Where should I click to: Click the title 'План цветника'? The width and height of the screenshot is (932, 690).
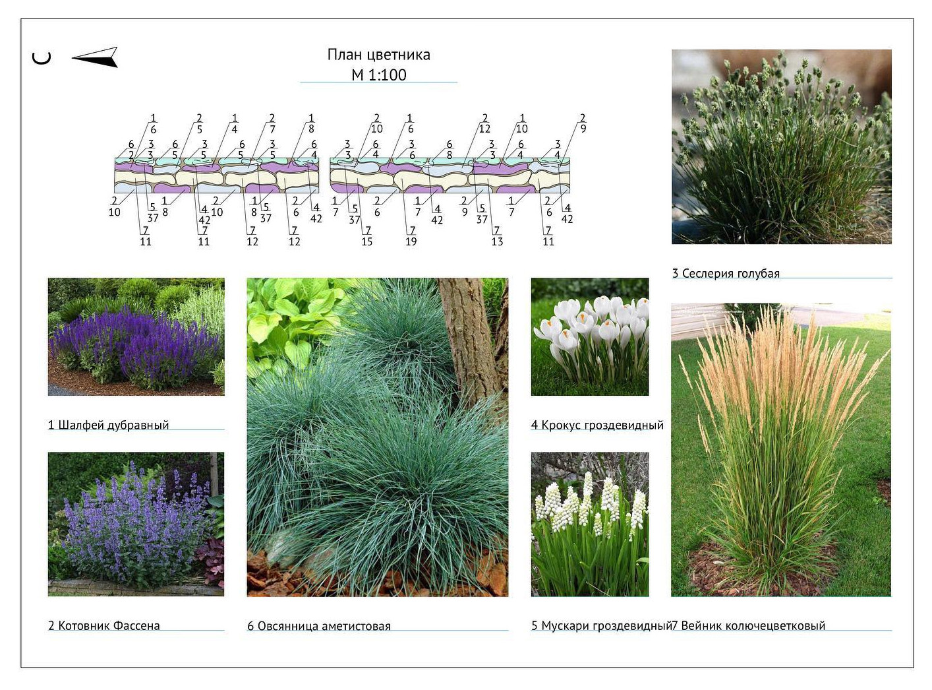(x=378, y=55)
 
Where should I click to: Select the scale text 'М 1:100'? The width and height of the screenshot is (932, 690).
(x=378, y=75)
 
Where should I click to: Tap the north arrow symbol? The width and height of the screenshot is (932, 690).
(x=96, y=58)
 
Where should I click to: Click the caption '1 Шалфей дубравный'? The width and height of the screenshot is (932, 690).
(x=108, y=425)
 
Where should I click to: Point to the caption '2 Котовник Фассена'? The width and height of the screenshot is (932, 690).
(x=103, y=625)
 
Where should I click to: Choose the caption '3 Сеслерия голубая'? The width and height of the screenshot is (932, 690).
(x=726, y=273)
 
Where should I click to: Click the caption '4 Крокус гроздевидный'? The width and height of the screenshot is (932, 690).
(x=597, y=425)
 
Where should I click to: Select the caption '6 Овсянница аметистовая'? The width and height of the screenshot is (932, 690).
(x=319, y=625)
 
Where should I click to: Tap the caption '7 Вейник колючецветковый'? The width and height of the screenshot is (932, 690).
(x=749, y=625)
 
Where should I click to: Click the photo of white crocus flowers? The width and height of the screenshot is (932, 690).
(x=590, y=336)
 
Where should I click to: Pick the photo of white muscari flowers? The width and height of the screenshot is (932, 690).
(x=590, y=524)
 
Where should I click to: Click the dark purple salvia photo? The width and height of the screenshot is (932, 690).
(x=136, y=336)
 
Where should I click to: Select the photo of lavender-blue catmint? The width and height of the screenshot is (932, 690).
(x=136, y=524)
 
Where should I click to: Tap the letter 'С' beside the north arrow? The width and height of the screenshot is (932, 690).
(x=42, y=58)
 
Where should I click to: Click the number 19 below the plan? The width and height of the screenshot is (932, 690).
(x=411, y=241)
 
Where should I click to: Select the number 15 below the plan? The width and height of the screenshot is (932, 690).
(x=366, y=241)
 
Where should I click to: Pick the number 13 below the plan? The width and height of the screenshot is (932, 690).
(x=497, y=241)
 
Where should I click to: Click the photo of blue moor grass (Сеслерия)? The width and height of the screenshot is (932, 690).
(x=781, y=146)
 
